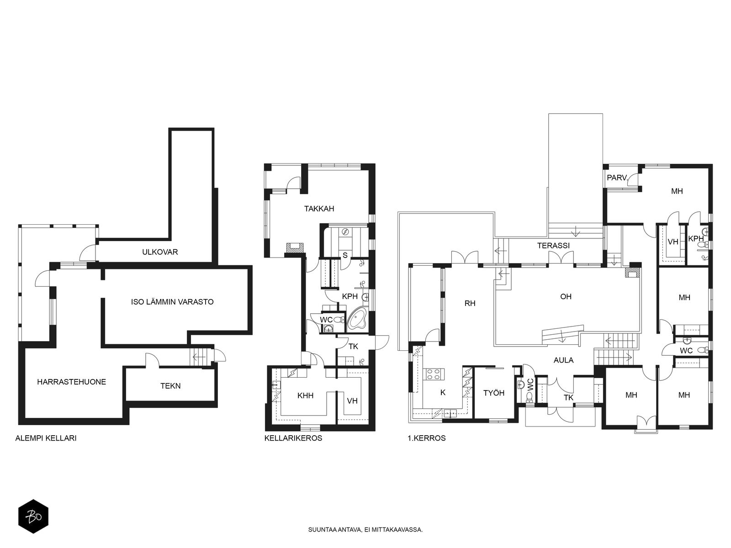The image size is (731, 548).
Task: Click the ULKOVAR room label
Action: [160, 252]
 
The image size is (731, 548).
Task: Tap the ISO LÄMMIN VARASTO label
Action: [172, 302]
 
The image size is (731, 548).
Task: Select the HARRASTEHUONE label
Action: [71, 382]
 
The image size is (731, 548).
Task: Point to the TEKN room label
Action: [170, 385]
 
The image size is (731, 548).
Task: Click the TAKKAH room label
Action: [319, 209]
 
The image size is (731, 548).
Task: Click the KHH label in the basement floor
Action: [305, 395]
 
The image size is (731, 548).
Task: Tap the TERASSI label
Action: [553, 246]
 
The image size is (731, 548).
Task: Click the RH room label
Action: [470, 303]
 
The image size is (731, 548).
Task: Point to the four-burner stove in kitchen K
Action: [434, 374]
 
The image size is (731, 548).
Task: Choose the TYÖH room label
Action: [493, 393]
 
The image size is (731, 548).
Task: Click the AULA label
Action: [563, 360]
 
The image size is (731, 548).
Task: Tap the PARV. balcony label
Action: [617, 178]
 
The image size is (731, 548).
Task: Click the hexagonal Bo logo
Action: [33, 516]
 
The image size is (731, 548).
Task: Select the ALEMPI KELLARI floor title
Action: [46, 438]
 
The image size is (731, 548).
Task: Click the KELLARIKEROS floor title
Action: [293, 438]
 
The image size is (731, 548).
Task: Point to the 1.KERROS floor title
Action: [427, 438]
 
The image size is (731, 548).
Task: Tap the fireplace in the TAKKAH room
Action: [295, 247]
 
